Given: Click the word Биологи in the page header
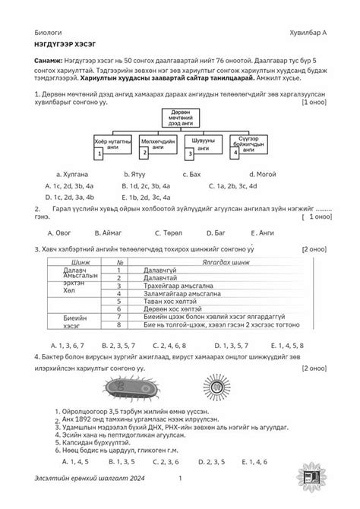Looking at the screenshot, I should tap(49, 34).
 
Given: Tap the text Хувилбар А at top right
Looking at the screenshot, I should tap(305, 34).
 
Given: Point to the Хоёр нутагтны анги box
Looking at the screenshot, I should tap(112, 144).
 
